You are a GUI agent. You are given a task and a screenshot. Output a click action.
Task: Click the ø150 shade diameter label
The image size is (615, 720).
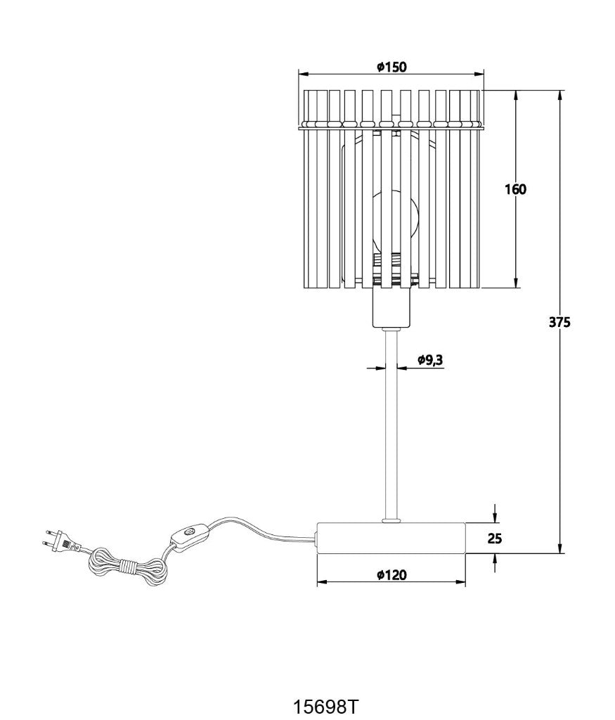point(391,67)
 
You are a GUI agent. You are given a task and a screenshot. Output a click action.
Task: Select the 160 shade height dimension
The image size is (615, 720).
point(515,188)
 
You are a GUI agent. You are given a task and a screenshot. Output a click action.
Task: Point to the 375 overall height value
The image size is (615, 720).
point(559,322)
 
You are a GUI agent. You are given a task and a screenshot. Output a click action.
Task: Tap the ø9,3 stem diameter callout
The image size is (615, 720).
point(430,360)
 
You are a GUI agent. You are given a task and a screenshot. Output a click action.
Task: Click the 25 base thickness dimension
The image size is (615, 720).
point(494,538)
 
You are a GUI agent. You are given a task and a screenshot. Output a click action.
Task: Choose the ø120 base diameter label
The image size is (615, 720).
point(391,574)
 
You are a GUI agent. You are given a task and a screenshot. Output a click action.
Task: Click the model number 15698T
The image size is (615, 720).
point(325,706)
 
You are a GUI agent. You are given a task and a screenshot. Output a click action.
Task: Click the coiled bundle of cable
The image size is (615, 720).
point(127,567)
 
